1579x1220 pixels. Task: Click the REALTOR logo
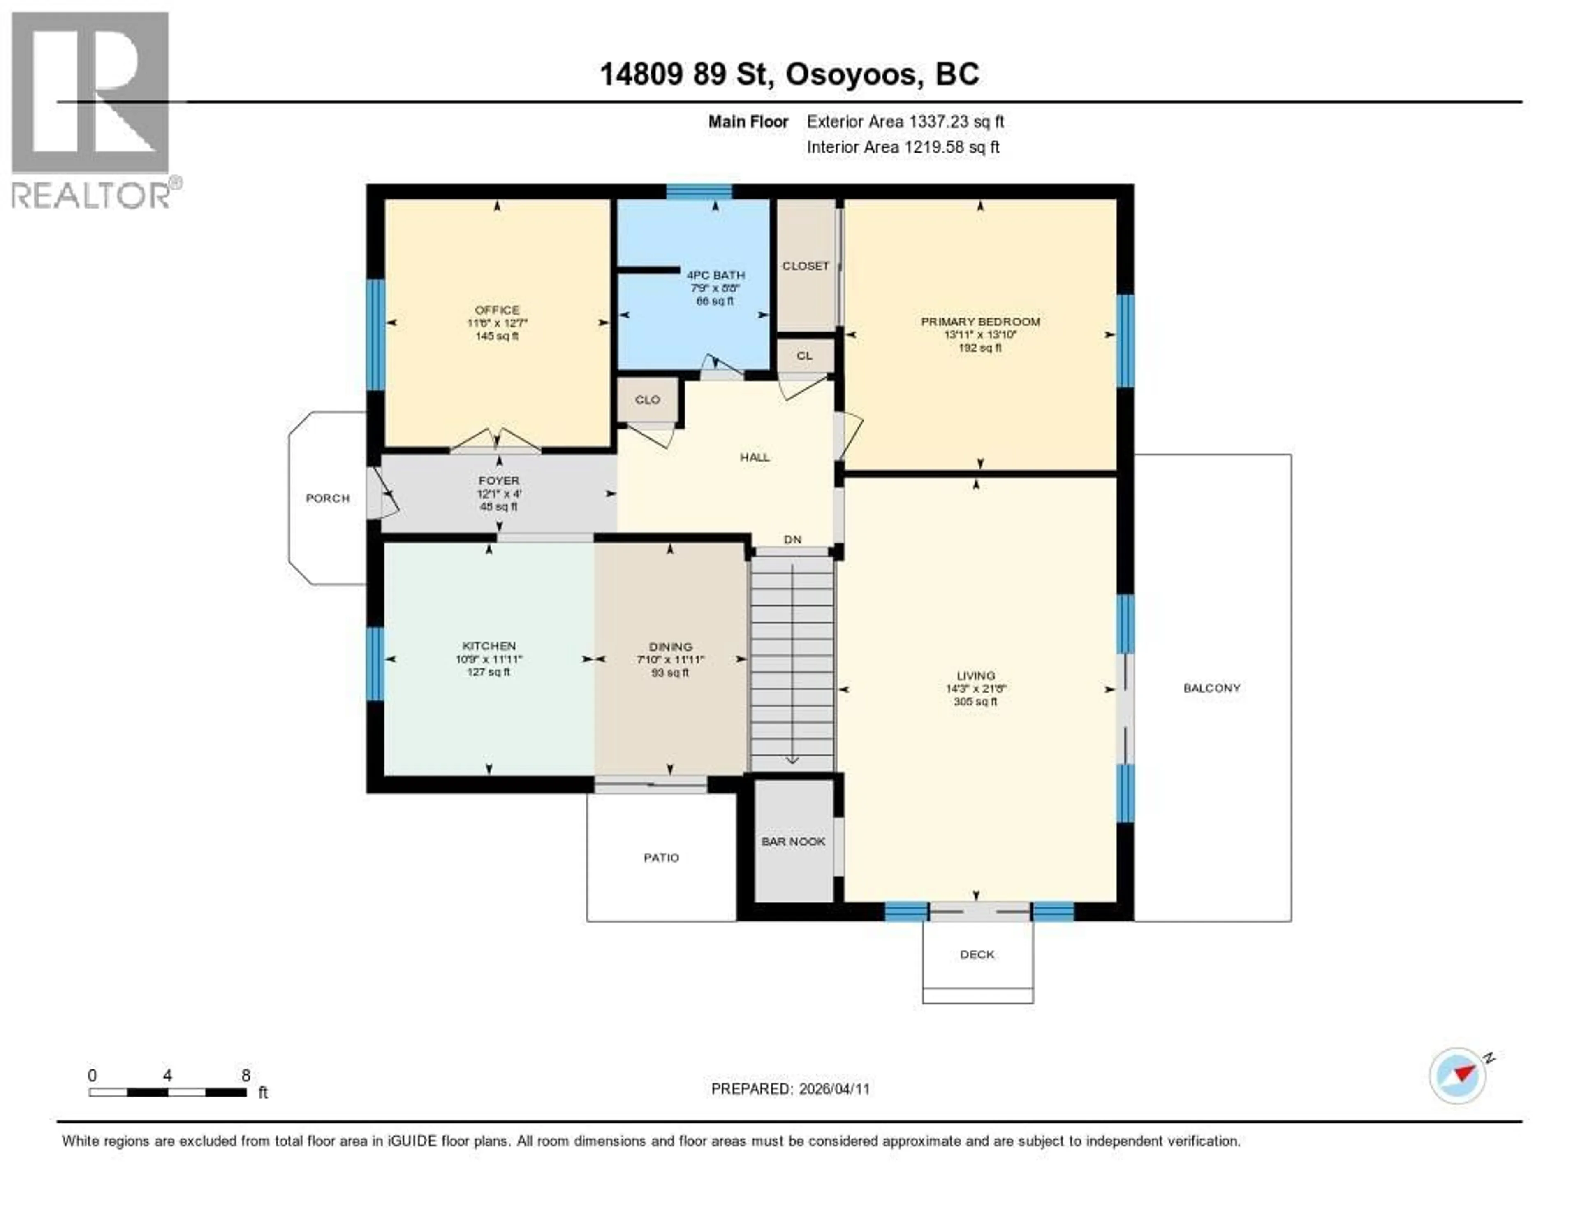[92, 109]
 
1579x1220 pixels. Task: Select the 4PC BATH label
[715, 275]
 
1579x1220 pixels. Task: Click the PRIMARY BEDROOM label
[979, 321]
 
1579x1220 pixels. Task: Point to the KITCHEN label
[489, 646]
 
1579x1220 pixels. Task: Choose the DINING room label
[670, 647]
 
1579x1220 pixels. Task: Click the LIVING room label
[975, 675]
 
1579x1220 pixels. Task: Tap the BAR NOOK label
[793, 842]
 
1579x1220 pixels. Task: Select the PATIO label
[661, 858]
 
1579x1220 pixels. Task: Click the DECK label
[977, 955]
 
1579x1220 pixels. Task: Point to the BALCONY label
[1212, 688]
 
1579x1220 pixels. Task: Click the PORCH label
[327, 498]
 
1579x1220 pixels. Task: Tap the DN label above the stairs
[792, 540]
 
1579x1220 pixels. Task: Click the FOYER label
[498, 480]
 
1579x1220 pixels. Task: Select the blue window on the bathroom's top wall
[698, 191]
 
